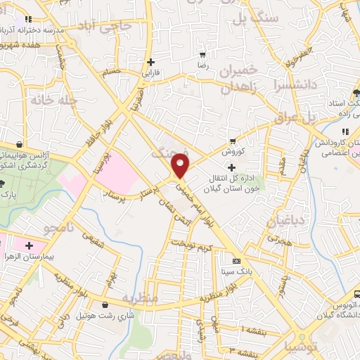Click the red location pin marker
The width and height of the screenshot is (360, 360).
click(181, 167)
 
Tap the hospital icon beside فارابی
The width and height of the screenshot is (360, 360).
click(151, 62)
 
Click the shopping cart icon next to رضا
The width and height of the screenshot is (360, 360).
click(203, 54)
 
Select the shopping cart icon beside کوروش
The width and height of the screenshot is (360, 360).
click(233, 141)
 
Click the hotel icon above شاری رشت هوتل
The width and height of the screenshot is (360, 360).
click(105, 305)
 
